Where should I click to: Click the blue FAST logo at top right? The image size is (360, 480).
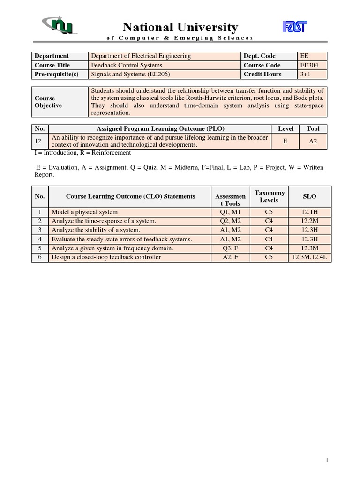tap(295, 27)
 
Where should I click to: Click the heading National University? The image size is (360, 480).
tap(180, 27)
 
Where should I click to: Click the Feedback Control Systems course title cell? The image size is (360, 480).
tap(127, 65)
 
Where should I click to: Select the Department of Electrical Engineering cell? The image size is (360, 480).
tap(141, 56)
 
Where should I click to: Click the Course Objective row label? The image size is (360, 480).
tap(48, 102)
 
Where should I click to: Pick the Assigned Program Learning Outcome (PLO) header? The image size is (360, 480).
tap(160, 128)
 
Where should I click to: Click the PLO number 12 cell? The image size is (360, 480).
tap(39, 141)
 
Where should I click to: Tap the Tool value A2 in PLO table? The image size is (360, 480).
tap(313, 141)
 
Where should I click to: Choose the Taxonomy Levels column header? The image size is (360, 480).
tap(269, 196)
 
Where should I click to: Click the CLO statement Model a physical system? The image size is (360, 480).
tap(84, 212)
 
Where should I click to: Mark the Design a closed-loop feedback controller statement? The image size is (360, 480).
tap(106, 257)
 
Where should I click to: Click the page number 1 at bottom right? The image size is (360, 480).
tap(327, 460)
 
